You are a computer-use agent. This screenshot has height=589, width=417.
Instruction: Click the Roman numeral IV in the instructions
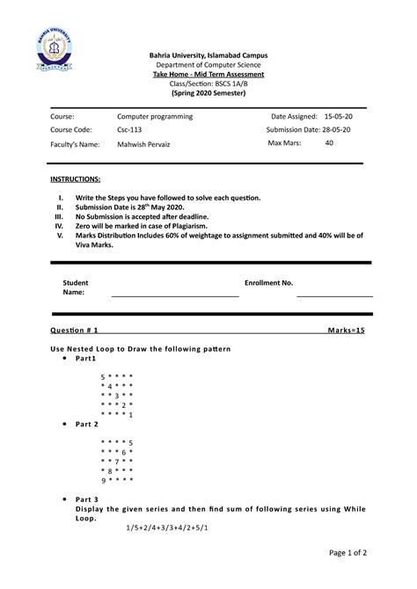pos(60,226)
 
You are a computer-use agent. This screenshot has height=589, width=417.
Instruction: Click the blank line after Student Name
pos(174,295)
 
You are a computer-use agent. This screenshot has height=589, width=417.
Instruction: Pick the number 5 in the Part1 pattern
pos(103,375)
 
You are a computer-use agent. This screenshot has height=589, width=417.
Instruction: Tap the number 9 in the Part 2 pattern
pos(103,480)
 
